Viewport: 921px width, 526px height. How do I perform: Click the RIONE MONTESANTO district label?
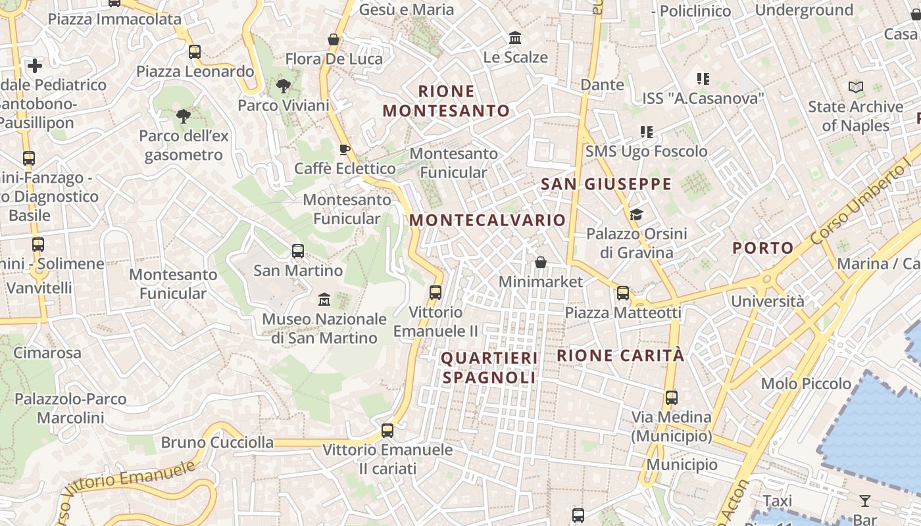coord(446,101)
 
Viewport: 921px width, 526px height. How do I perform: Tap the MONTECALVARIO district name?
coord(487,220)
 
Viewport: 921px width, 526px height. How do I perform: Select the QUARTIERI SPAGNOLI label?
coord(489,368)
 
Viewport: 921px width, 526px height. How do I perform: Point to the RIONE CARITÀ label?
coord(620,356)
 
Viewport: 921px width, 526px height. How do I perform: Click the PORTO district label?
coord(763,248)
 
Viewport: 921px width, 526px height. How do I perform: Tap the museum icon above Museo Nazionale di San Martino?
coord(324,300)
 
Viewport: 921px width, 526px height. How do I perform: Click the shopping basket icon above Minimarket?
coord(540,263)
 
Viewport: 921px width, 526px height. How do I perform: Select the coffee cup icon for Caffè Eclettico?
coord(344,149)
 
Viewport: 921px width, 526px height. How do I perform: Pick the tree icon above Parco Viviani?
coord(284,85)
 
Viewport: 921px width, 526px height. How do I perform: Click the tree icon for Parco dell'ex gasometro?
coord(184,116)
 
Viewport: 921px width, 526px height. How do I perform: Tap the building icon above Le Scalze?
coord(515,38)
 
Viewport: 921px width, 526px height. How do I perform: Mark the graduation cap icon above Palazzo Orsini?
coord(636,214)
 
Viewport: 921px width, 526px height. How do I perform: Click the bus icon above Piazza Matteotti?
coord(622,293)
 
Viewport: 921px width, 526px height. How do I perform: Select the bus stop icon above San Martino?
coord(298,251)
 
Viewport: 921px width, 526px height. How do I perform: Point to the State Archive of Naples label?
coord(855,116)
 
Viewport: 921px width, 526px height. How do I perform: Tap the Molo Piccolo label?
coord(806,383)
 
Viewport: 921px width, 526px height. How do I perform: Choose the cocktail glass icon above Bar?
coord(865,501)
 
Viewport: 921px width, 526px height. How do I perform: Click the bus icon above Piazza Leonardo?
coord(194,52)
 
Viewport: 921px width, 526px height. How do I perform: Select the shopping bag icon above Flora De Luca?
coord(334,40)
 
